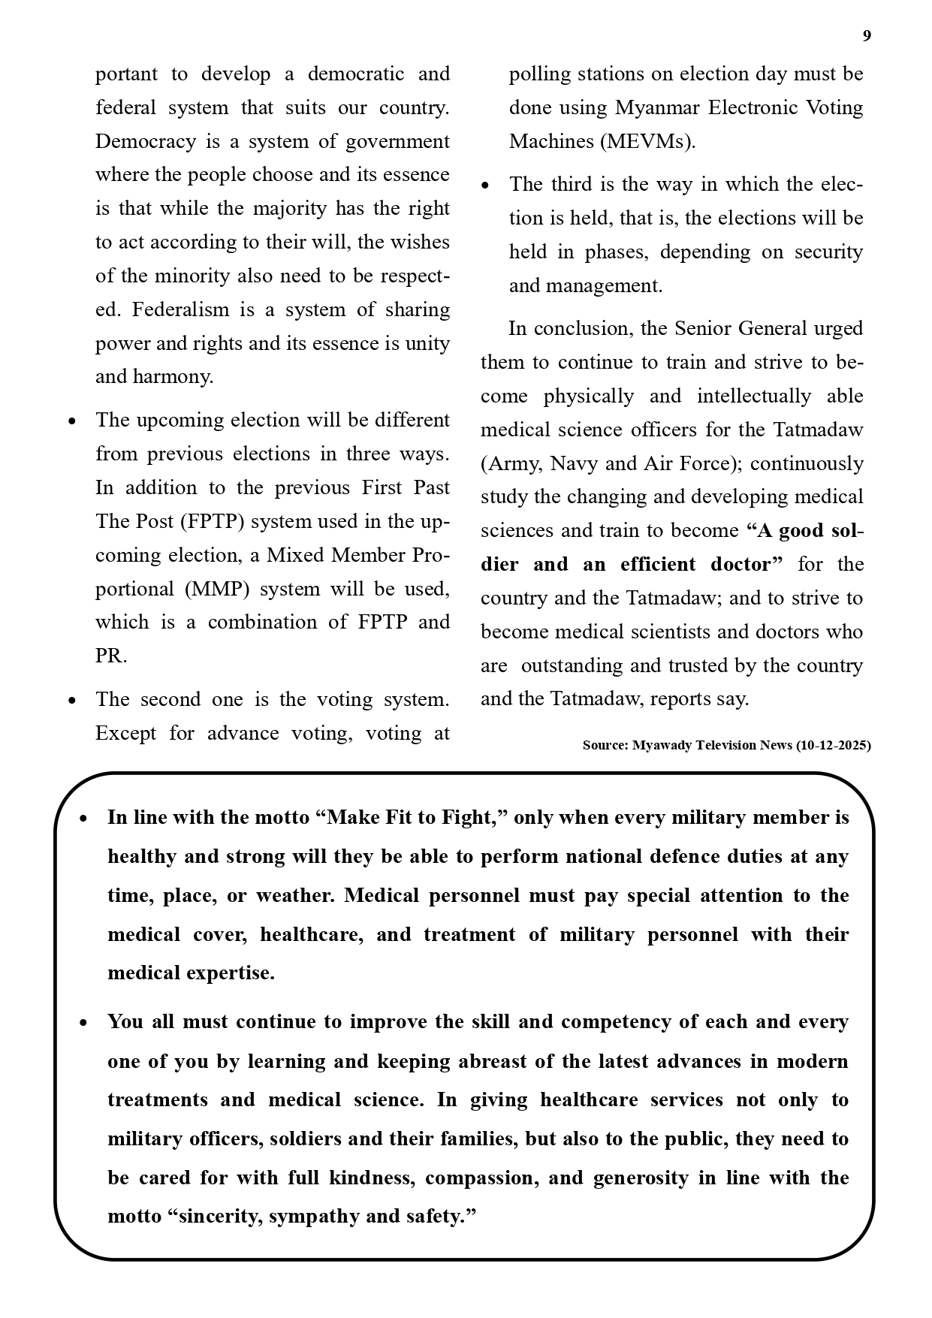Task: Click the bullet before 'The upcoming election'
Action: click(72, 421)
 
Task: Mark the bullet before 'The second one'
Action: click(72, 701)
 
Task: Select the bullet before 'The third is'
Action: click(486, 185)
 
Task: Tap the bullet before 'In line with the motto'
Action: click(84, 819)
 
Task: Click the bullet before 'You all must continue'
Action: click(84, 1023)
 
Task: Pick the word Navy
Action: click(576, 463)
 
